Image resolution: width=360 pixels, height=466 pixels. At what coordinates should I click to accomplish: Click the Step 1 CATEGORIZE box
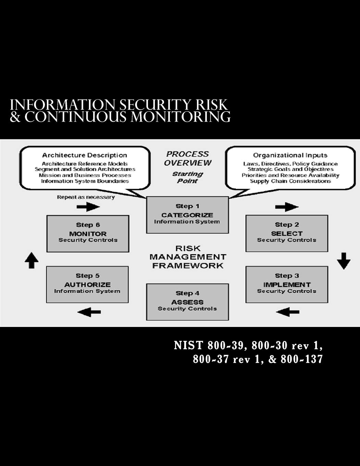[x=187, y=215]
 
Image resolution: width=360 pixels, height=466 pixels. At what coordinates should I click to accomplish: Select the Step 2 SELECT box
[x=287, y=233]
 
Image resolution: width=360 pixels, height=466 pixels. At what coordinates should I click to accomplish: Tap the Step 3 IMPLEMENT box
[x=287, y=284]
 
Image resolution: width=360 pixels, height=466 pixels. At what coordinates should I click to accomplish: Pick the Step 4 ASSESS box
[x=187, y=302]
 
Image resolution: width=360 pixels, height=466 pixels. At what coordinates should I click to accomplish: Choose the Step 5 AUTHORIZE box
[x=87, y=284]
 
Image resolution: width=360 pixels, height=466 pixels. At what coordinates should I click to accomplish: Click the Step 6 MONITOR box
[x=88, y=233]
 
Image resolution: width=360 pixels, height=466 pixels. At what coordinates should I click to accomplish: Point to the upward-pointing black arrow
[x=32, y=260]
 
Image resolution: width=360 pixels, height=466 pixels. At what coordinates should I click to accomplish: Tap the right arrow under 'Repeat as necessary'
[x=88, y=207]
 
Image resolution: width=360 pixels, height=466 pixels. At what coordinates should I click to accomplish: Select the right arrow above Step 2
[x=287, y=207]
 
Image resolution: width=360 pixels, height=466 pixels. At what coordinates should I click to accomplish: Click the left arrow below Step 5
[x=89, y=312]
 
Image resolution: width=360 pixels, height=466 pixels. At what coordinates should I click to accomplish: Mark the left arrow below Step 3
[x=287, y=312]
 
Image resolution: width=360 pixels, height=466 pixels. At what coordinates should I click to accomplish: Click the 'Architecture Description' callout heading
[x=85, y=155]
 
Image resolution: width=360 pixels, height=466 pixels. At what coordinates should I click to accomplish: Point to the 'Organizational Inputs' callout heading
[x=290, y=155]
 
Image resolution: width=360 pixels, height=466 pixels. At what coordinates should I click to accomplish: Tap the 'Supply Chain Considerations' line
[x=290, y=181]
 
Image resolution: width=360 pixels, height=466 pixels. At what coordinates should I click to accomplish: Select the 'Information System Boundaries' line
[x=85, y=181]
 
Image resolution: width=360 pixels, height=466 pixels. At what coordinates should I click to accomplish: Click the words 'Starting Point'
[x=187, y=177]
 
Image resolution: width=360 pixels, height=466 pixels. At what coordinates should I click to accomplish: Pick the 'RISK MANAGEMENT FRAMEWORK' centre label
[x=188, y=257]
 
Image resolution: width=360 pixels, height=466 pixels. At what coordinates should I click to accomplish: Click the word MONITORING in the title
[x=181, y=117]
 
